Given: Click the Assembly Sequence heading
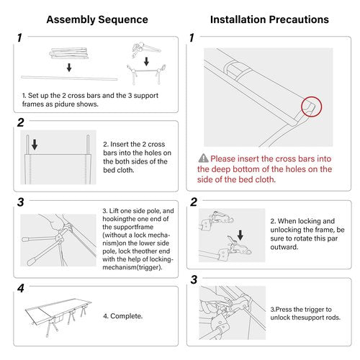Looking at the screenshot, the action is (97, 19).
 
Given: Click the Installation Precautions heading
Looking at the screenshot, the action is (269, 19).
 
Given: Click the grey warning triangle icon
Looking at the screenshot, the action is (203, 158).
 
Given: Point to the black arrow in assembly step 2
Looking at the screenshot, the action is (35, 145).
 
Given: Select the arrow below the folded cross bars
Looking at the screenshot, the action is (69, 68).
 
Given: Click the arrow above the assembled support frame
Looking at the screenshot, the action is (146, 61).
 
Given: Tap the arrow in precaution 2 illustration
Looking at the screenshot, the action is (240, 235).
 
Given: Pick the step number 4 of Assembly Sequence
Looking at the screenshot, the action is (21, 288).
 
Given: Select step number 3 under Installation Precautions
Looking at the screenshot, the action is (194, 279).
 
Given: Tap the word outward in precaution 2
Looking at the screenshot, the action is (284, 247).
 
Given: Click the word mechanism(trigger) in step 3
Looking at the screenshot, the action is (132, 267).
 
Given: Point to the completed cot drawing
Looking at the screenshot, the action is (58, 318).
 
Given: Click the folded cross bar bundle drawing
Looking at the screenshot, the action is (69, 53).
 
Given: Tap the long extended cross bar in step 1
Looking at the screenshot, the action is (69, 78).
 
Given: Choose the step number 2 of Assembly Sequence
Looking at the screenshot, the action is (21, 122).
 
